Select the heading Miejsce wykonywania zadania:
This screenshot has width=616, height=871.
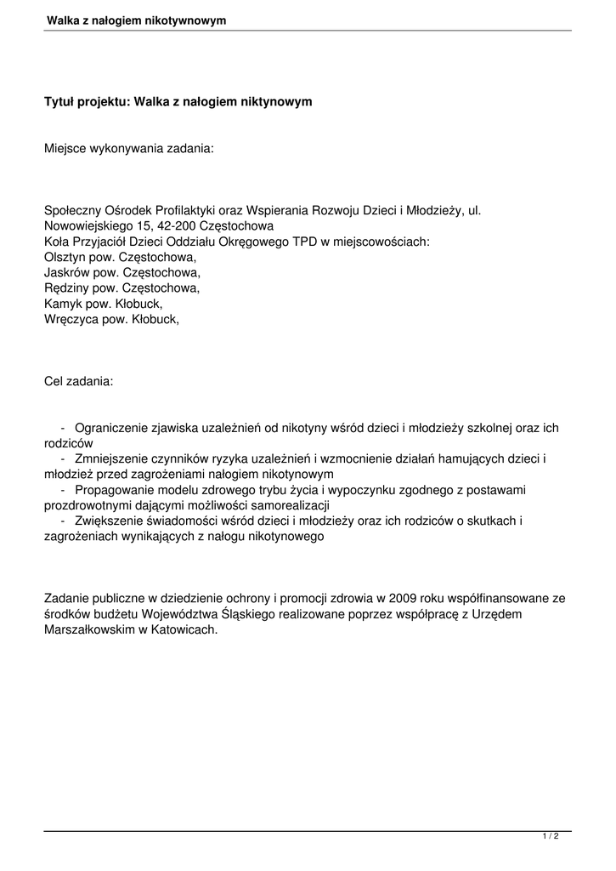coord(129,148)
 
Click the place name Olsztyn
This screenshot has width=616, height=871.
coord(65,257)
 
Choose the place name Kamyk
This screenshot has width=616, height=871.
coord(61,303)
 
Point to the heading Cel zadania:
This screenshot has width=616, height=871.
coord(78,381)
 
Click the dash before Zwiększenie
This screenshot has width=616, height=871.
coord(64,521)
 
